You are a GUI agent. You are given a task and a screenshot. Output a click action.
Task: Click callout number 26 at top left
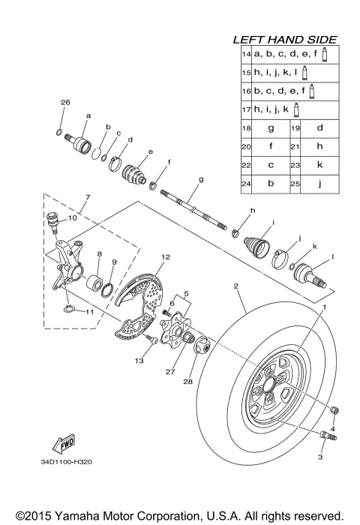pyautogui.click(x=64, y=102)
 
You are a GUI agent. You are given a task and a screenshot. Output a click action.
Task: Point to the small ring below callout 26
pyautogui.click(x=59, y=132)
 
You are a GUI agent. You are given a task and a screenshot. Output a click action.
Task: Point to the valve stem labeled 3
pyautogui.click(x=326, y=436)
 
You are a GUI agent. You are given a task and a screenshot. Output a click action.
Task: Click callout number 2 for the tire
pyautogui.click(x=235, y=286)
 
